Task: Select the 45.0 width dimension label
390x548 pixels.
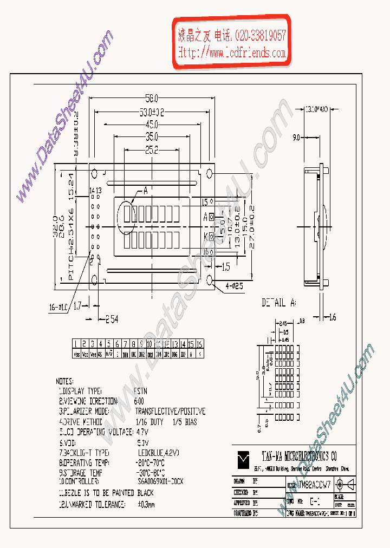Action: point(152,125)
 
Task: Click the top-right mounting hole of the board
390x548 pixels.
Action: point(210,173)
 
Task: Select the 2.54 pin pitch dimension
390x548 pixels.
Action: point(112,318)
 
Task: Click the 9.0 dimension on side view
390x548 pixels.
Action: point(297,138)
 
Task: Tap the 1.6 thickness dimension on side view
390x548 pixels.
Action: point(332,318)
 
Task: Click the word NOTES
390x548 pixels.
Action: point(64,381)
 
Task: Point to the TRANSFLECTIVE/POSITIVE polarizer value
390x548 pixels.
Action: point(170,412)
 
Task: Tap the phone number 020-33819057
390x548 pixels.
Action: point(260,36)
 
